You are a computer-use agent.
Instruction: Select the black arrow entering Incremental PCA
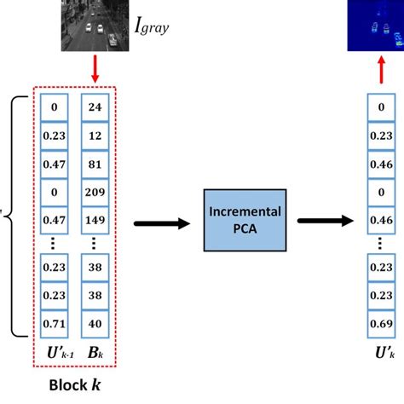click(162, 222)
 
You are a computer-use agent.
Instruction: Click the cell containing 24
click(94, 108)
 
